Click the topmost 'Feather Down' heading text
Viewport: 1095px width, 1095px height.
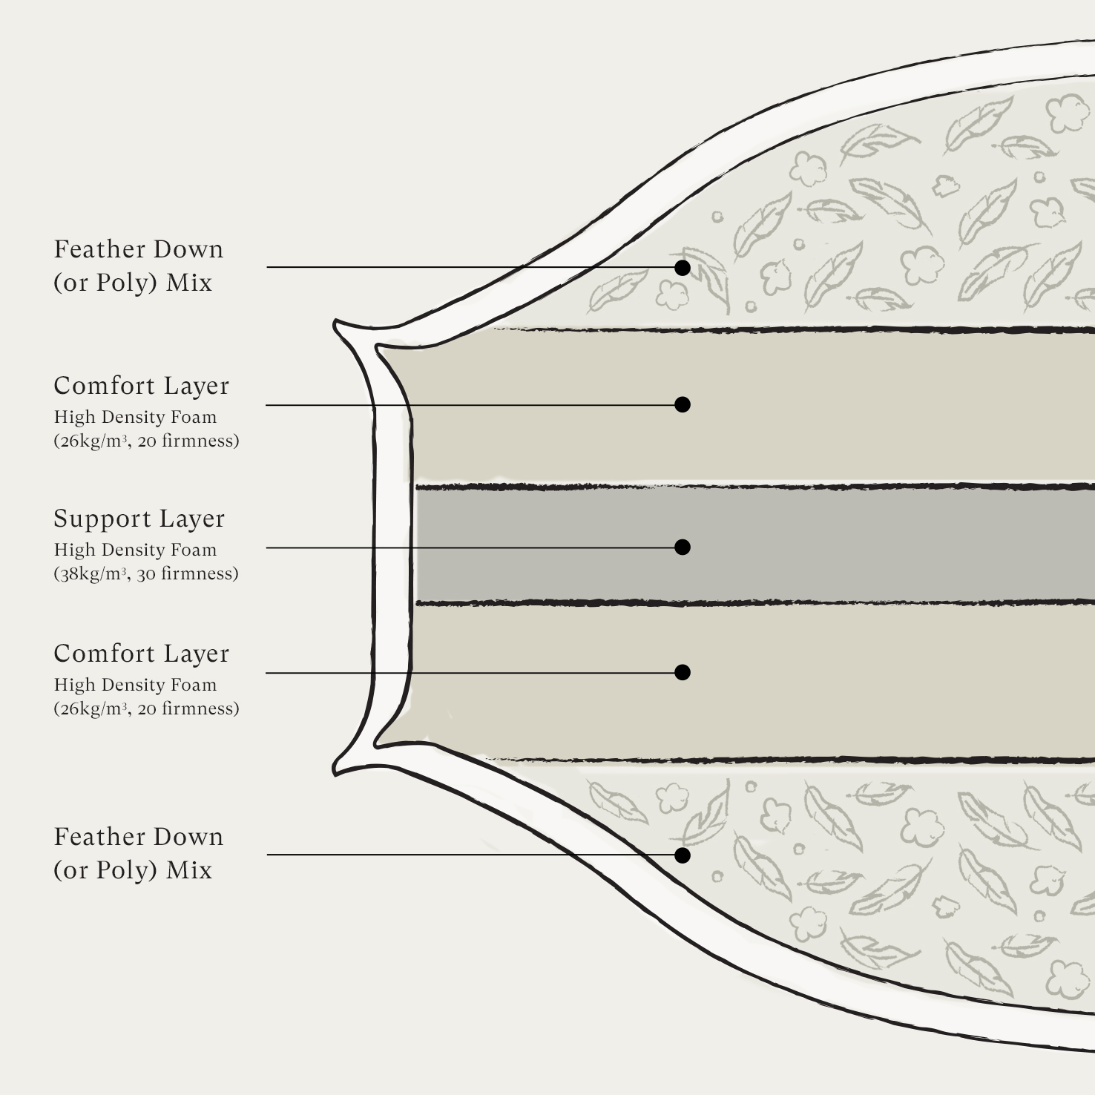click(139, 249)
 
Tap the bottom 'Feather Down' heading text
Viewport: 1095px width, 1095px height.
click(139, 837)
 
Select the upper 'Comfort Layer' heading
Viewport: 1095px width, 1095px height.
click(142, 386)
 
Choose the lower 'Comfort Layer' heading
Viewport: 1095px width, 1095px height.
click(142, 654)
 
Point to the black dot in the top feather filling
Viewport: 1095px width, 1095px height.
click(683, 267)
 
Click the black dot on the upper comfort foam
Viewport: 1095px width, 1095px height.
click(683, 404)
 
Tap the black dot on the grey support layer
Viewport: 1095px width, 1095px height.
click(683, 547)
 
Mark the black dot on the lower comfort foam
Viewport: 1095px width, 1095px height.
click(683, 672)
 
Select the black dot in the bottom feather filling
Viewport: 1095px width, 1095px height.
click(683, 855)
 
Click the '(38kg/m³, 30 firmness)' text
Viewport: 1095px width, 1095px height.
click(146, 573)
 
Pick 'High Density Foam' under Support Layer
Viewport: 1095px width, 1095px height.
click(136, 550)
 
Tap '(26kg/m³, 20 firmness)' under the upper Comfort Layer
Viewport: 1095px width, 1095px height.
click(146, 441)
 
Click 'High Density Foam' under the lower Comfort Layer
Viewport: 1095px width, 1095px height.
click(136, 685)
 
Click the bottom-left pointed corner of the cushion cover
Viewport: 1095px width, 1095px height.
click(335, 772)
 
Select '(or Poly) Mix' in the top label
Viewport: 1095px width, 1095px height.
click(133, 283)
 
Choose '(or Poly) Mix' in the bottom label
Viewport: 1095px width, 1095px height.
click(133, 870)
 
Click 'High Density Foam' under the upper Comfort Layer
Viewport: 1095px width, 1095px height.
click(136, 417)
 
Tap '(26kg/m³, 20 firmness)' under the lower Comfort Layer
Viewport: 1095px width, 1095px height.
click(146, 708)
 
